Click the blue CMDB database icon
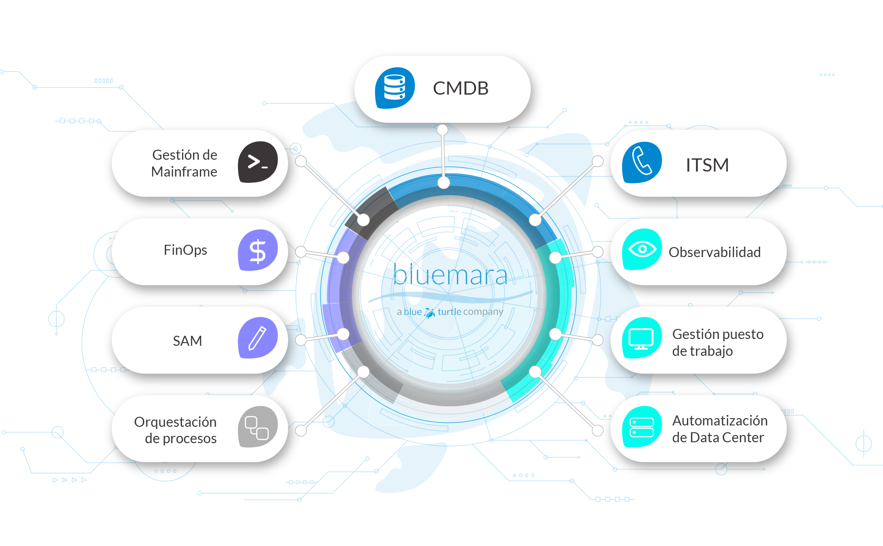[x=395, y=88]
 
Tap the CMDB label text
[x=461, y=88]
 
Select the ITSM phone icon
[x=642, y=162]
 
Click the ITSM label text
[x=707, y=165]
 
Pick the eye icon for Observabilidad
[x=642, y=249]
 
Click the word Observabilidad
[x=715, y=252]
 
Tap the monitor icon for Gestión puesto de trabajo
[x=642, y=338]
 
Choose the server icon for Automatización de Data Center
[x=642, y=427]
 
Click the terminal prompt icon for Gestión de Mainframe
[x=258, y=162]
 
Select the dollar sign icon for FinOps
[x=258, y=250]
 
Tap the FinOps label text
[x=185, y=250]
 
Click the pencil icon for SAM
[x=258, y=338]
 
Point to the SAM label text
[x=188, y=341]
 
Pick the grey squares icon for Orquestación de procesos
[x=258, y=427]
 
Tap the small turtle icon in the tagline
[x=430, y=313]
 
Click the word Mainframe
[x=184, y=172]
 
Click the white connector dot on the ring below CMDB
[x=444, y=183]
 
